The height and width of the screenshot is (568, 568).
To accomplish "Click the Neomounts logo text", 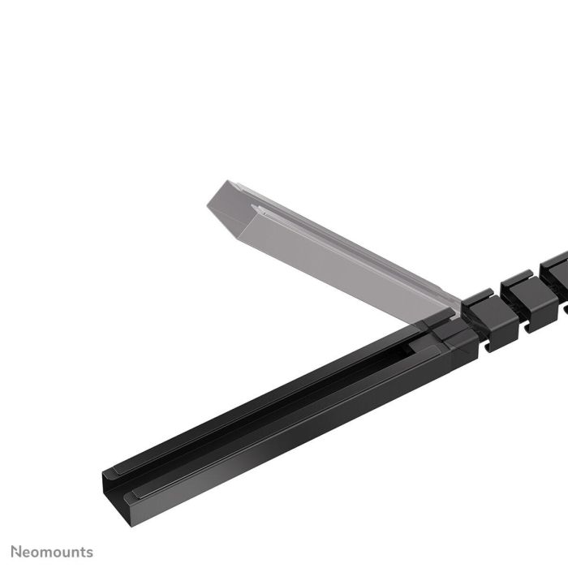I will [51, 552].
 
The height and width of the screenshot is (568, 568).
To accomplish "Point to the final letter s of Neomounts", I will [89, 553].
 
